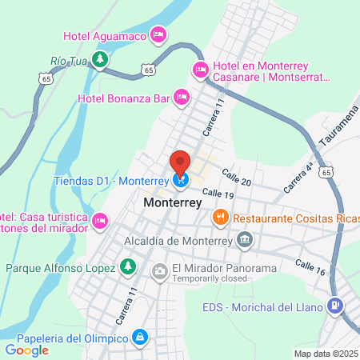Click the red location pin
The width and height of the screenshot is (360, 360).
click(180, 162)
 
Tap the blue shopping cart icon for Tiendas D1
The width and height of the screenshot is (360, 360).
click(181, 182)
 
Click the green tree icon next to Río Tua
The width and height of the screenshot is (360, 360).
click(98, 59)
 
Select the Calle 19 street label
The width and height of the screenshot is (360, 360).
click(218, 193)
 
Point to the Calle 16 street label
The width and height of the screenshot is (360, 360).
click(310, 267)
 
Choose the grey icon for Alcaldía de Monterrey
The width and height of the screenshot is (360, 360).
click(246, 238)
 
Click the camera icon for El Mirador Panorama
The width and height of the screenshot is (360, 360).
click(160, 272)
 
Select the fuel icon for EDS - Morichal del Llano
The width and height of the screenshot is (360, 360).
click(336, 306)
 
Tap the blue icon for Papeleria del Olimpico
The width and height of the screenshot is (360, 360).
click(141, 338)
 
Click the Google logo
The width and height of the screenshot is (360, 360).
click(27, 350)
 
